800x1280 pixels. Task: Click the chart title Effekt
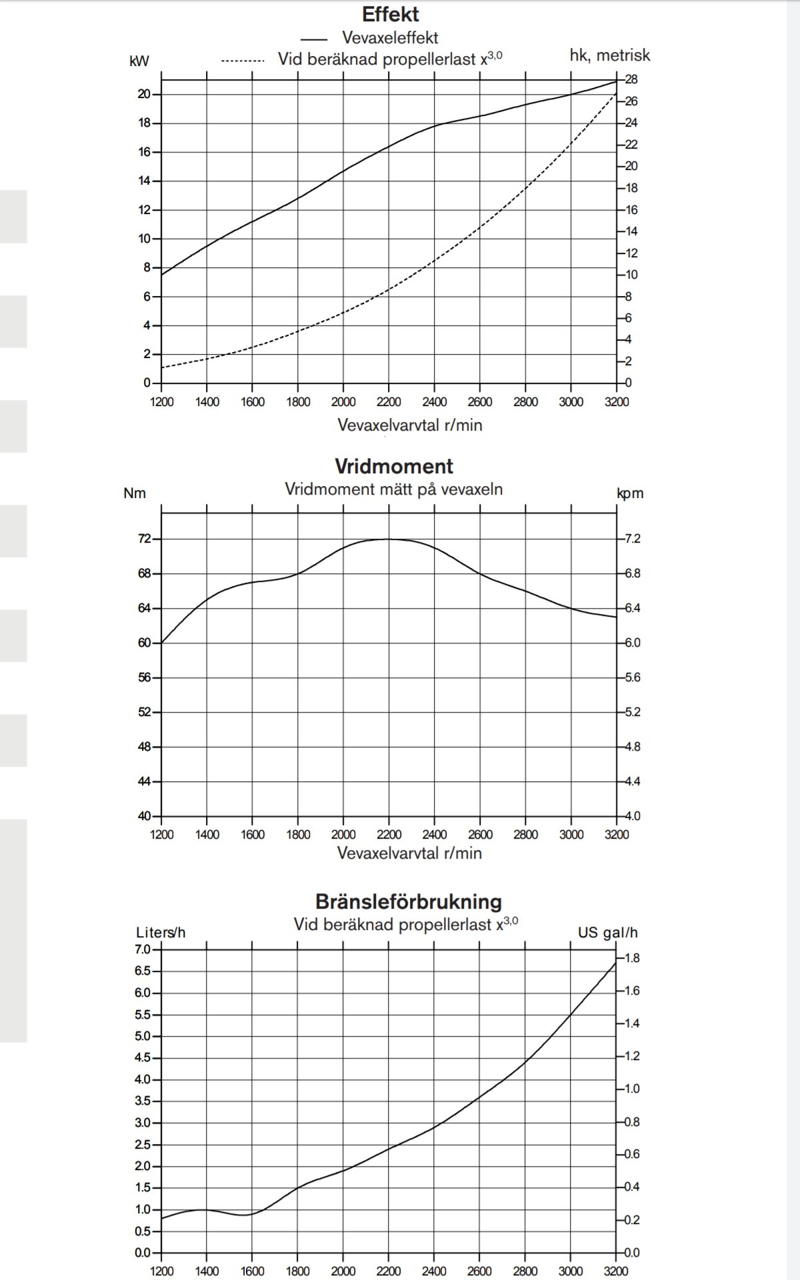coord(391,14)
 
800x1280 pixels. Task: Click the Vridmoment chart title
coord(394,466)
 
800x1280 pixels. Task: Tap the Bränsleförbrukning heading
coord(409,902)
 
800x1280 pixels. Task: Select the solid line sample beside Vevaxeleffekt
coord(314,39)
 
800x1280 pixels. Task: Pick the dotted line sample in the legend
coord(243,61)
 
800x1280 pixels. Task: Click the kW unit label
coord(139,61)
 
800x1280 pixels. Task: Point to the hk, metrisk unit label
coord(610,55)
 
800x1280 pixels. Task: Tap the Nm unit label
coord(135,493)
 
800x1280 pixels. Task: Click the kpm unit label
coord(630,494)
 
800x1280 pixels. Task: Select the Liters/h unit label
coord(161,933)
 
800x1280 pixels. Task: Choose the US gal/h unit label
coord(608,933)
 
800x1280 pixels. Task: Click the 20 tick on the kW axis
coord(145,94)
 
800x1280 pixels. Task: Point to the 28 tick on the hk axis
coord(631,79)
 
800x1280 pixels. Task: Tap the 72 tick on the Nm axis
coord(145,539)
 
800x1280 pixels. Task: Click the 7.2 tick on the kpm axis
coord(633,539)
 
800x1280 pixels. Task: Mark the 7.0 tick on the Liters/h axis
coord(143,949)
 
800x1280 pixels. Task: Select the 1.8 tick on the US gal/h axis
coord(632,958)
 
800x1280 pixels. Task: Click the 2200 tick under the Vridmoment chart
coord(389,835)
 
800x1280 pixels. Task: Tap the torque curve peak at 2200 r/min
coord(389,539)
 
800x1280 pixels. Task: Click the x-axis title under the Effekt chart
coord(410,425)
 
